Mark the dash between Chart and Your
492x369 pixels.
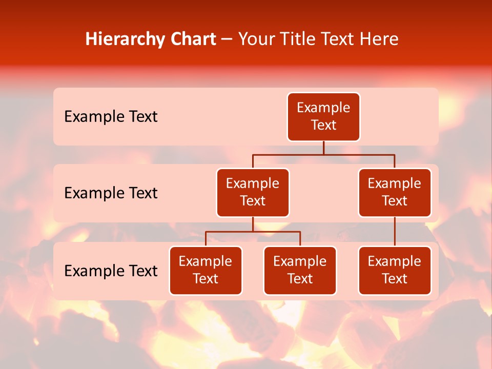[227, 40]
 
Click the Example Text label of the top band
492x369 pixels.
[111, 117]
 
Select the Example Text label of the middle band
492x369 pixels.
[111, 193]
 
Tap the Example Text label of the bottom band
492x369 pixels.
[111, 271]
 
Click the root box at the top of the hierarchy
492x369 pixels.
[323, 117]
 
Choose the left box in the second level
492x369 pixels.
[253, 193]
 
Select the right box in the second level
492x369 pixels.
[395, 193]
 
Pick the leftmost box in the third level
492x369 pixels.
[206, 271]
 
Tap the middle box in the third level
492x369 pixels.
[300, 271]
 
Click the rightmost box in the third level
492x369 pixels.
[395, 271]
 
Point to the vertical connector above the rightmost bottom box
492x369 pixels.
[395, 232]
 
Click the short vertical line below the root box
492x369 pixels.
[323, 148]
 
